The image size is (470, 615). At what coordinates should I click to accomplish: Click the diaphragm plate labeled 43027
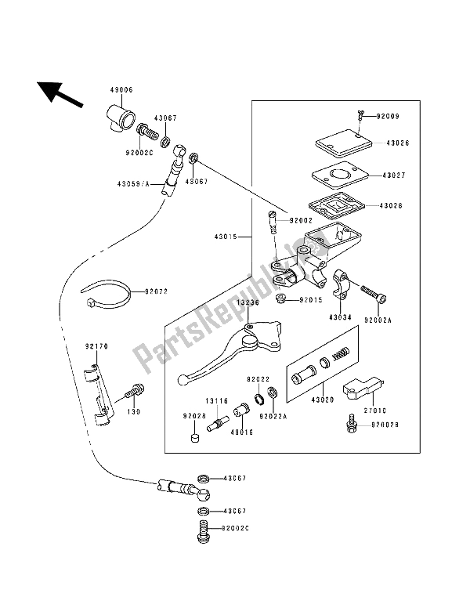(x=339, y=175)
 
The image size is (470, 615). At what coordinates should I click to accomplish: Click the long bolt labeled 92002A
(x=374, y=295)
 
